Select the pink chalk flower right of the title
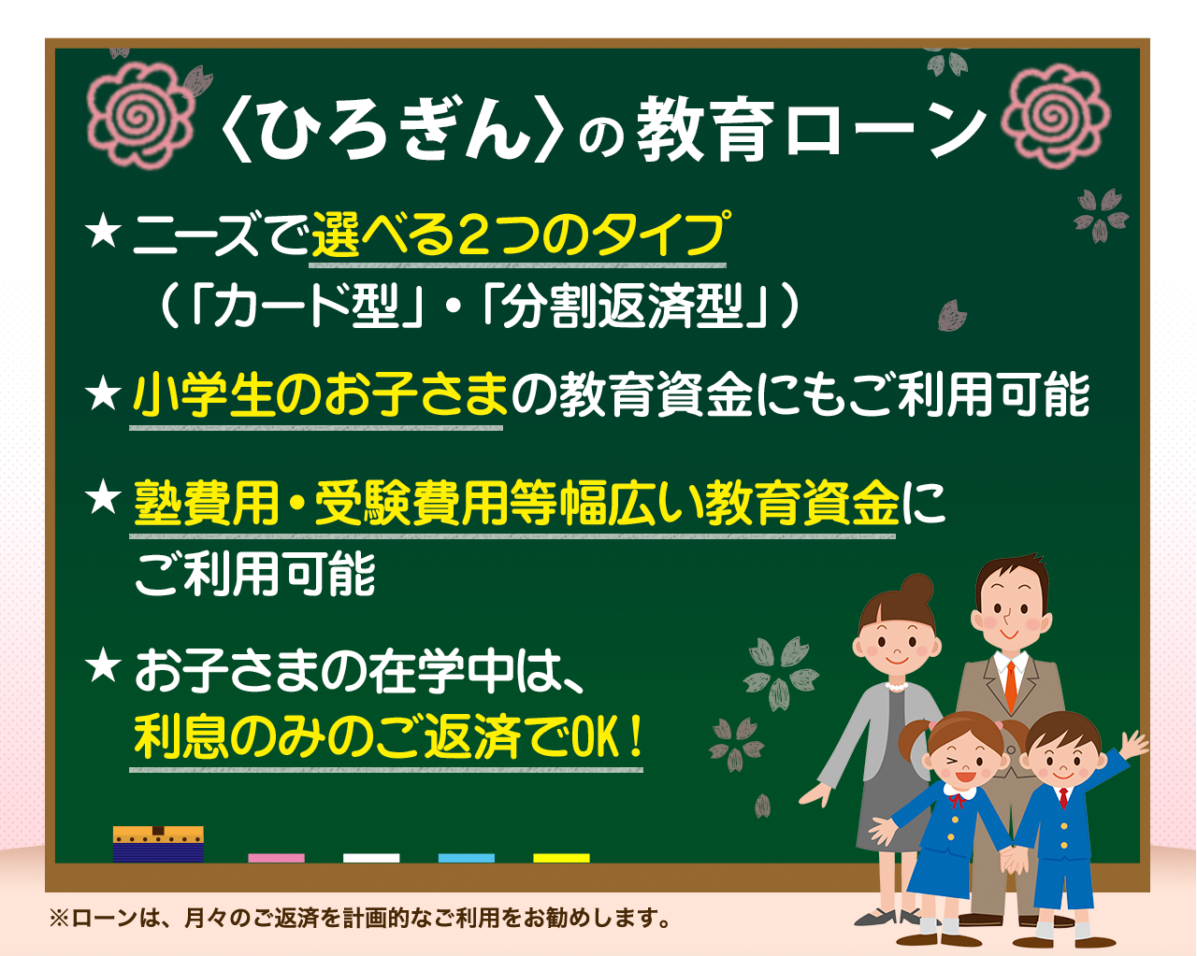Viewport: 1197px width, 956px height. (x=1055, y=116)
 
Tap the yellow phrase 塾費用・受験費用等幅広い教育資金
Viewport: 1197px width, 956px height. (x=516, y=503)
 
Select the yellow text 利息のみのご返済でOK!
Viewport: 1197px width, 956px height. (x=388, y=737)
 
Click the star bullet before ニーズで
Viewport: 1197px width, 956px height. (x=103, y=234)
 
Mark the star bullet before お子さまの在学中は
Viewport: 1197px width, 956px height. (x=103, y=667)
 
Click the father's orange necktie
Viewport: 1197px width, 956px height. (x=1011, y=688)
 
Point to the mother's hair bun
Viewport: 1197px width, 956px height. (x=916, y=589)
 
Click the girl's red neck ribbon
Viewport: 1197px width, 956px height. (x=957, y=800)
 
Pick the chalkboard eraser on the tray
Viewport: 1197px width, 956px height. (x=158, y=844)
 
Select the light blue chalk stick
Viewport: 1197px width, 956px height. (x=466, y=858)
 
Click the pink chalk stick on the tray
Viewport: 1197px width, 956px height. (x=277, y=858)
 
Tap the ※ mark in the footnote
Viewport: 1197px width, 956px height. (x=59, y=919)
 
